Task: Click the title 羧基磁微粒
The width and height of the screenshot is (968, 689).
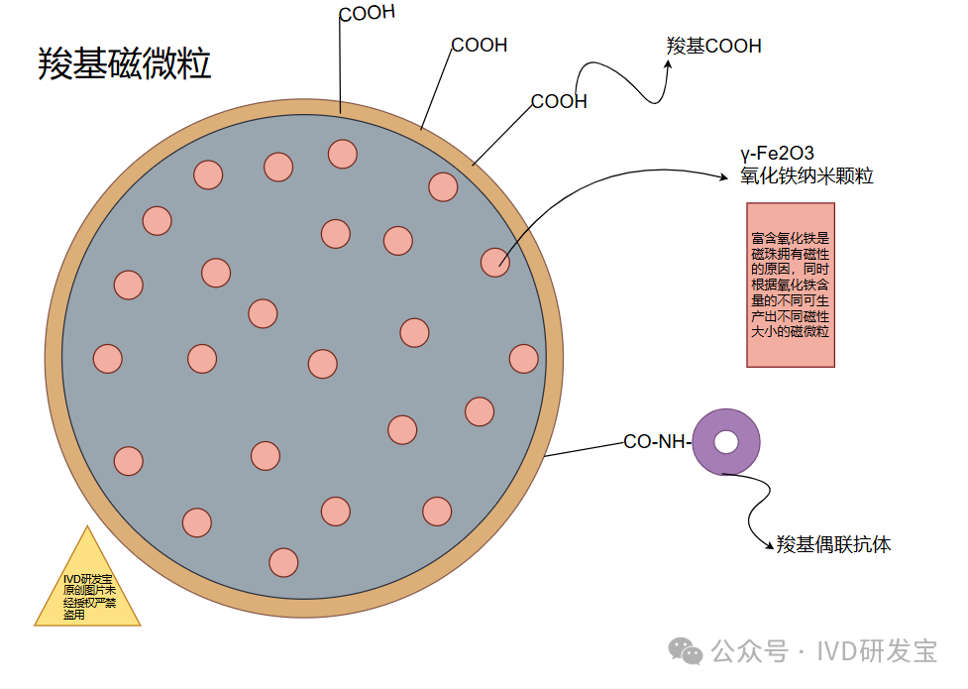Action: click(x=125, y=64)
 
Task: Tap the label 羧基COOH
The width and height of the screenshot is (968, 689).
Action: click(x=713, y=46)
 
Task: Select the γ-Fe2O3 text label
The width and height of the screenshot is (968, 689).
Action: click(x=777, y=154)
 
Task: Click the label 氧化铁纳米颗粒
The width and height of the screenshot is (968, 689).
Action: click(x=807, y=176)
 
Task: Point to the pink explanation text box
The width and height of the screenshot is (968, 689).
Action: click(x=790, y=285)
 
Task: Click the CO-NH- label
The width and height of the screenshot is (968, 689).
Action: click(x=656, y=442)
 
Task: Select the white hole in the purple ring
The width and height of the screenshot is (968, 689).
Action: click(x=726, y=442)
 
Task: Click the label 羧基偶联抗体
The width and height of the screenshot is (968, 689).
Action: click(x=833, y=544)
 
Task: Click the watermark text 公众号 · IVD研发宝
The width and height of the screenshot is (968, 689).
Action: click(x=823, y=651)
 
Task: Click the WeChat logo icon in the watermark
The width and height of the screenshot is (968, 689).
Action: click(x=686, y=650)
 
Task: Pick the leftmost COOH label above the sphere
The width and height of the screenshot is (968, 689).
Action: click(x=367, y=13)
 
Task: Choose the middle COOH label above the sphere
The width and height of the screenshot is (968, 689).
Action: click(x=480, y=45)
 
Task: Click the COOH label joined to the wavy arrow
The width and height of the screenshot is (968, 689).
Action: click(x=559, y=101)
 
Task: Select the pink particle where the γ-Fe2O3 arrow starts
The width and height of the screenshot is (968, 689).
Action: click(x=494, y=262)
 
